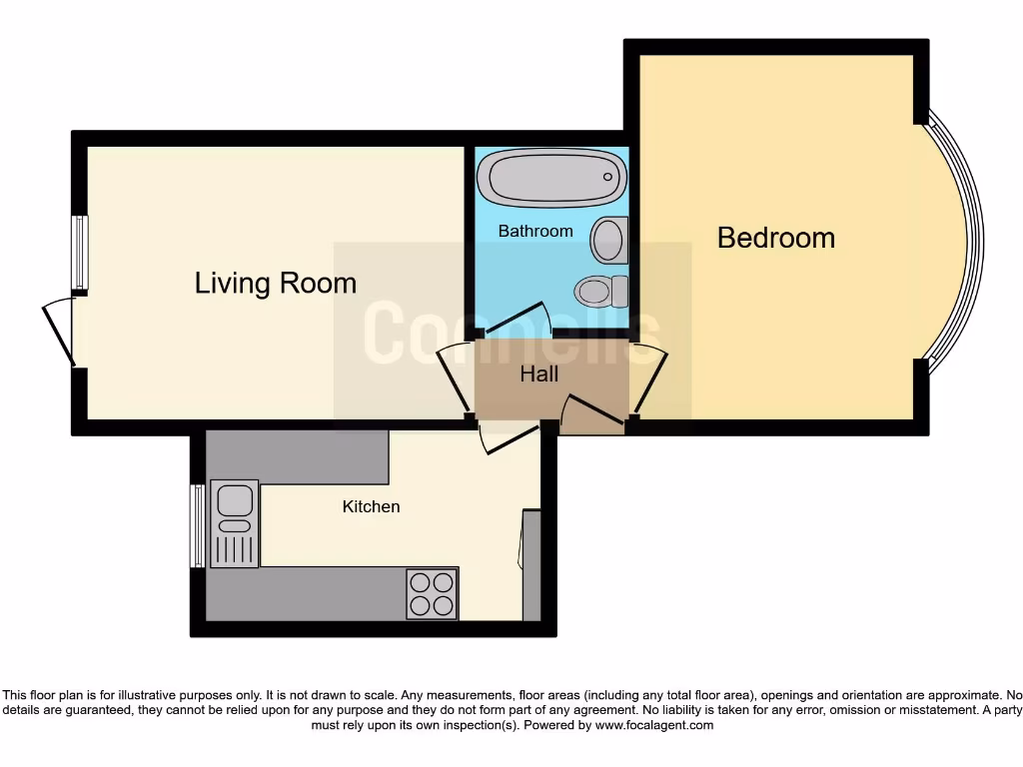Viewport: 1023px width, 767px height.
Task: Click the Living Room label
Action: coord(275,283)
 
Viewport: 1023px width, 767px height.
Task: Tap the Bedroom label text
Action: coord(775,238)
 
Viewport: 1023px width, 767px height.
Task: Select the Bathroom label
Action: coord(535,231)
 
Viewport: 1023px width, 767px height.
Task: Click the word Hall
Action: coord(539,375)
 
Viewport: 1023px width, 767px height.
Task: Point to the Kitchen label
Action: coord(371,506)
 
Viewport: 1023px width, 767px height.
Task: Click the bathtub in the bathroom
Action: coord(550,178)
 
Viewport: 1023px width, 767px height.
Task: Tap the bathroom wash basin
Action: coord(607,240)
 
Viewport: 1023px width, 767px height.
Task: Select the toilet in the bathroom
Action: coord(599,292)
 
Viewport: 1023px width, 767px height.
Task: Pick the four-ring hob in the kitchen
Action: coord(433,592)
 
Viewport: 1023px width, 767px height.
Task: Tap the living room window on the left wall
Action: coord(80,254)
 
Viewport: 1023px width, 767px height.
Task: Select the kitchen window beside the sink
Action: coord(198,525)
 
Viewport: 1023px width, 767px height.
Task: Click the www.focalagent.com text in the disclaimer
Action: coord(653,726)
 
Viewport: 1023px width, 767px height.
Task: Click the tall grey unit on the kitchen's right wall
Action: coord(531,565)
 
